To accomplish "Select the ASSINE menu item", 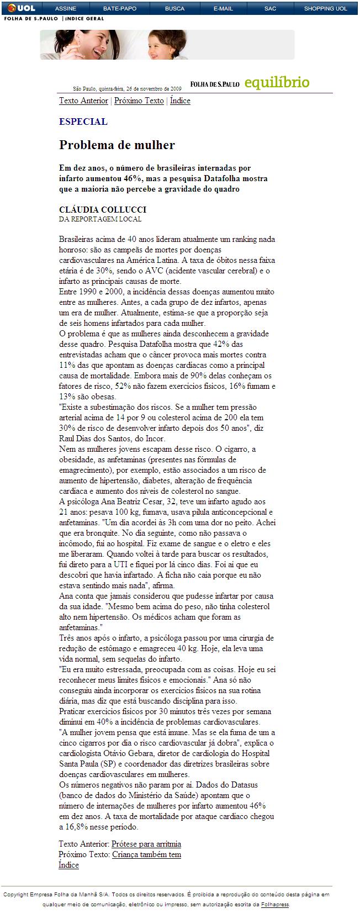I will (66, 8).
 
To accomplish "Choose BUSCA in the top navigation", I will (174, 8).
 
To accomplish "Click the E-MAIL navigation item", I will (223, 8).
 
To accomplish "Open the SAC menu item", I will (270, 8).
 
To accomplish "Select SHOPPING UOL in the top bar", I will (326, 8).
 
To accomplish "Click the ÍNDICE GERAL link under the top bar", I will (84, 19).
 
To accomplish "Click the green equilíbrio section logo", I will (277, 83).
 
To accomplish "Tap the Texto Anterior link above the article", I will (83, 101).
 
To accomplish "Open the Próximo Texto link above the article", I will (139, 101).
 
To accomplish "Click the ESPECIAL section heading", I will (83, 121).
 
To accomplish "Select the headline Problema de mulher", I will (117, 145).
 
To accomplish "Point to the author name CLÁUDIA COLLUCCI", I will (103, 210).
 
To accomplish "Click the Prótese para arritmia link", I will (146, 844).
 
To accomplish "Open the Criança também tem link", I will (146, 854).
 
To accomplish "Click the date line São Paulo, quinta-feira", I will (127, 88).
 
